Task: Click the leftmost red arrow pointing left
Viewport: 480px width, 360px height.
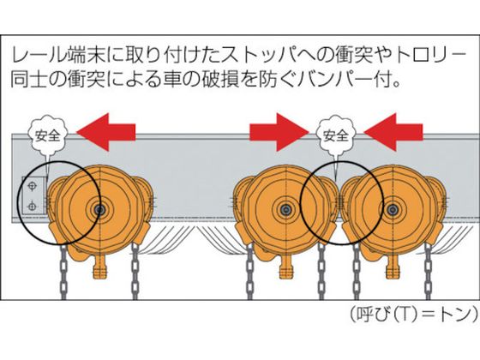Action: pyautogui.click(x=105, y=132)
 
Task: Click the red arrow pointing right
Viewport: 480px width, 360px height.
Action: pyautogui.click(x=279, y=132)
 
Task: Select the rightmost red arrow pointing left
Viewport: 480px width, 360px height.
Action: pyautogui.click(x=393, y=132)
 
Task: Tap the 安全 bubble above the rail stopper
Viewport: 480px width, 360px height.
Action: pyautogui.click(x=47, y=135)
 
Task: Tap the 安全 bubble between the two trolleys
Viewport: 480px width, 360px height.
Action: pyautogui.click(x=336, y=135)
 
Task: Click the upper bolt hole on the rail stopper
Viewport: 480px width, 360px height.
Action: pyautogui.click(x=33, y=186)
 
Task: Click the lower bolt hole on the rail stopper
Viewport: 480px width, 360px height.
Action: pyautogui.click(x=33, y=207)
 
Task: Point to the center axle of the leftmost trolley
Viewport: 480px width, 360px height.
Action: pyautogui.click(x=99, y=210)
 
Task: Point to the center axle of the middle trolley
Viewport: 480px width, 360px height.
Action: pyautogui.click(x=286, y=210)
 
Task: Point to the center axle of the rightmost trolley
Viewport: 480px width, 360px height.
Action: pyautogui.click(x=392, y=210)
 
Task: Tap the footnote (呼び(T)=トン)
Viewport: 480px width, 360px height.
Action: pyautogui.click(x=414, y=314)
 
